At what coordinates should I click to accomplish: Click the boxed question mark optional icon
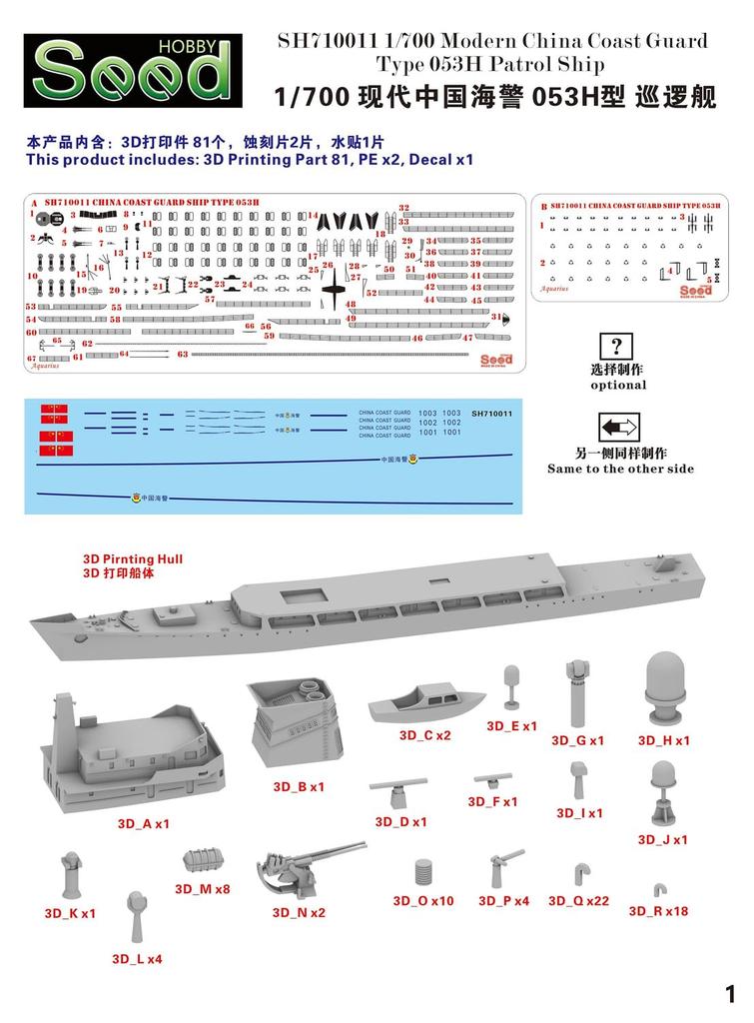[617, 347]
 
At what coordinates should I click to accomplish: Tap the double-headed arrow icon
[617, 429]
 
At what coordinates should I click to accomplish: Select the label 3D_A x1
[144, 824]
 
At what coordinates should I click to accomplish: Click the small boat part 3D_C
[412, 708]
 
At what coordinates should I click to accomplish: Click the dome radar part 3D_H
[663, 688]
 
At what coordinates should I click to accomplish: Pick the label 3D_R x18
[658, 911]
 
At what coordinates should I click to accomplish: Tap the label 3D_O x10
[422, 900]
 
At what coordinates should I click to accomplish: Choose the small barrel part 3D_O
[423, 869]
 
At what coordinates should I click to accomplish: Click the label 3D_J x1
[663, 840]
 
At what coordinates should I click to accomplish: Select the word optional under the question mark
[618, 385]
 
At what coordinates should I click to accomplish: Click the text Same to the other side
[620, 469]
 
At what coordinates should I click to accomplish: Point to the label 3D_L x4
[138, 958]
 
